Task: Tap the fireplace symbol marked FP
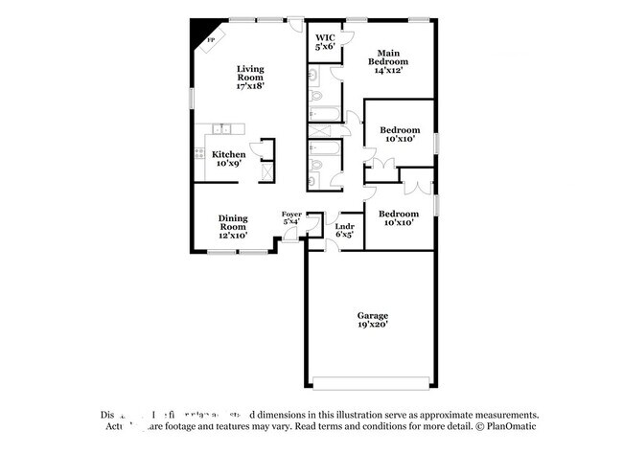point(210,39)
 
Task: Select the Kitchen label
point(228,154)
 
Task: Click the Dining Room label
point(233,221)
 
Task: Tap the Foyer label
point(291,214)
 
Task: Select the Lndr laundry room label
point(343,226)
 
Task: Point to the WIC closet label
point(325,37)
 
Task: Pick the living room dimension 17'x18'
point(250,86)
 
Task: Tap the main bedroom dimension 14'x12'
point(387,69)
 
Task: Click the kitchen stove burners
point(199,152)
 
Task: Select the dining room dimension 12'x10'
point(233,235)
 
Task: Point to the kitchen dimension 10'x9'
point(228,164)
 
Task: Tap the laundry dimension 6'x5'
point(344,235)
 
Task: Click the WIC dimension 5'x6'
point(325,46)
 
